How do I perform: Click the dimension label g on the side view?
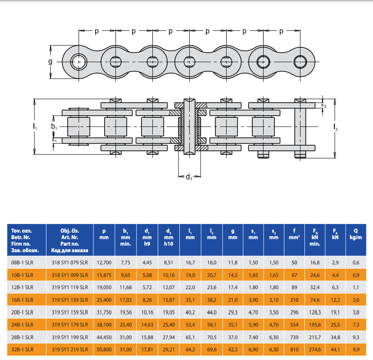50,62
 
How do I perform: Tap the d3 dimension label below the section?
189,177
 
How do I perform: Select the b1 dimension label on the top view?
54,127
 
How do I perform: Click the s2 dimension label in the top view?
323,105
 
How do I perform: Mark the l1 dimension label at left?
35,127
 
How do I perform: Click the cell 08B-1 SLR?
23,262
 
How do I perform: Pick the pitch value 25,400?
104,300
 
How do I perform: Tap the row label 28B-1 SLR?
23,337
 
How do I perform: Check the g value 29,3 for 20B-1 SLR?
233,312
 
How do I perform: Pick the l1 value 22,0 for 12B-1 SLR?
190,287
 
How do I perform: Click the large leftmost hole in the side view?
79,62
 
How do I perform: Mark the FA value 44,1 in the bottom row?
335,349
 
